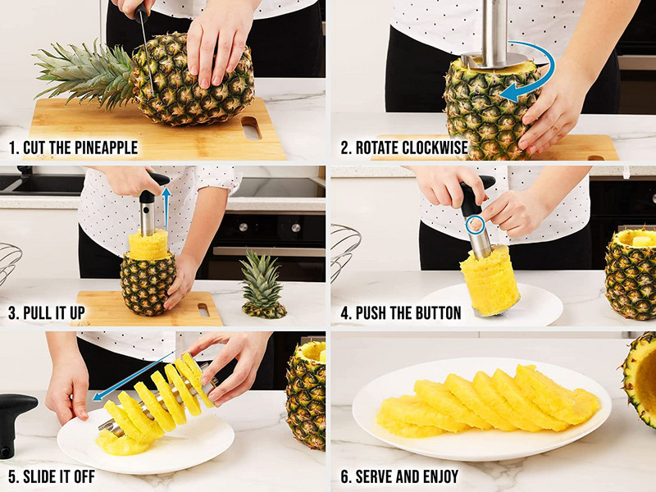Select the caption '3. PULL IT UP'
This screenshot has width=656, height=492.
coord(47,313)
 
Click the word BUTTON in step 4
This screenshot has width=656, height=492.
coord(436,313)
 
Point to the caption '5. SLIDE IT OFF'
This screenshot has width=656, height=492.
coord(52,476)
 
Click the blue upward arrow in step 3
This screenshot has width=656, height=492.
coord(166,209)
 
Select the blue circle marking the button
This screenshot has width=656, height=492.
coord(476,225)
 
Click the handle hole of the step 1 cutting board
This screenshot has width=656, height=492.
coord(252,128)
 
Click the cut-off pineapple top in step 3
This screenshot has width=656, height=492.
coord(263,285)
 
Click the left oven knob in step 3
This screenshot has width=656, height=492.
coord(243,228)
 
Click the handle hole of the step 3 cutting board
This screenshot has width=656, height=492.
coord(203,310)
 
